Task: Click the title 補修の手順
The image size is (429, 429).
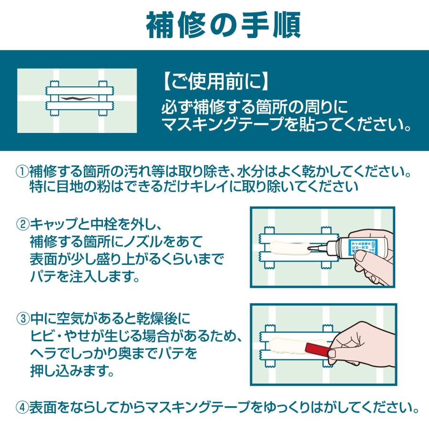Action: (224, 25)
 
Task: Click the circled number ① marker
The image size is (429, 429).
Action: (22, 172)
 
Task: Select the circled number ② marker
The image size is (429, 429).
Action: (22, 225)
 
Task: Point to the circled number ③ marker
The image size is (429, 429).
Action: (23, 318)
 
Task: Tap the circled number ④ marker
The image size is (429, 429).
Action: (22, 408)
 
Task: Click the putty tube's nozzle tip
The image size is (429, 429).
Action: (309, 248)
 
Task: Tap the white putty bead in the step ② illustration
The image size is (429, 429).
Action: (289, 247)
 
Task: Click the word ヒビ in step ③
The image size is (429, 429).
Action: (43, 336)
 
